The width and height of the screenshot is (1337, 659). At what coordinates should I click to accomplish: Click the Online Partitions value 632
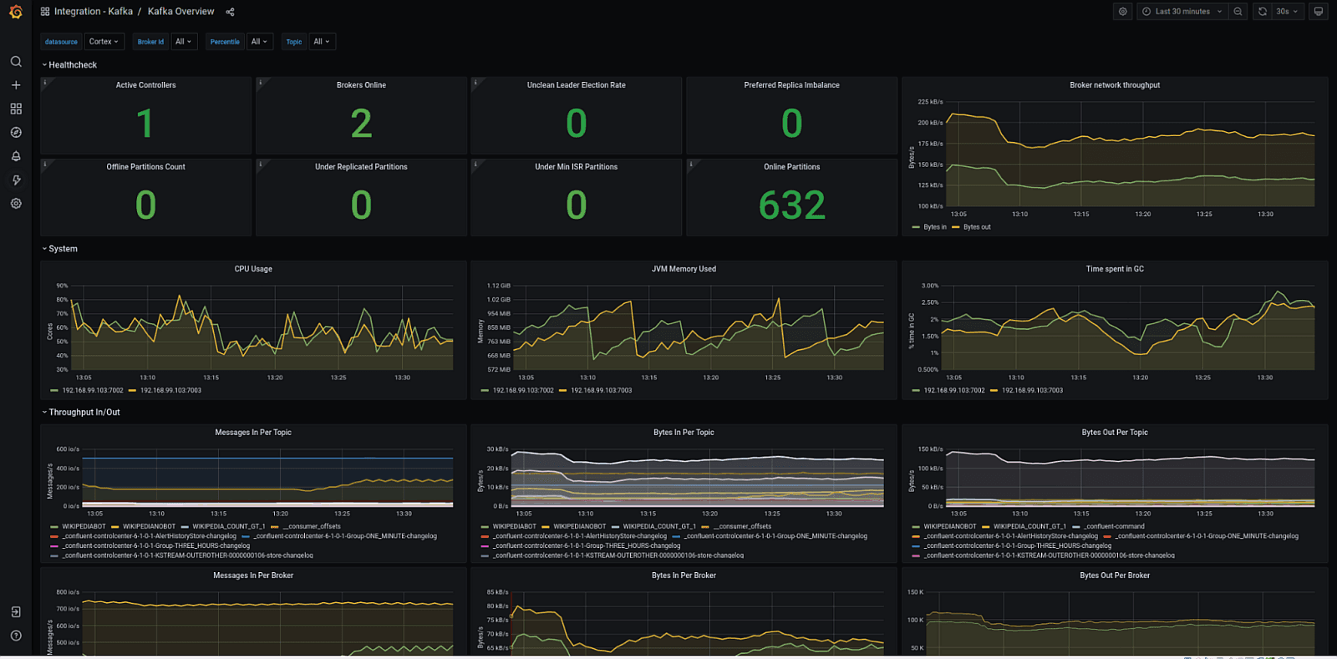[791, 205]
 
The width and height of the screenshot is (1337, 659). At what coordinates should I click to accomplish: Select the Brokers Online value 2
[361, 124]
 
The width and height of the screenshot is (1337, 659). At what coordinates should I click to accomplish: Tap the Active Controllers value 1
[145, 124]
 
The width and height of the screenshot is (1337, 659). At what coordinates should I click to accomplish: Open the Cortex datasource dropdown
[104, 42]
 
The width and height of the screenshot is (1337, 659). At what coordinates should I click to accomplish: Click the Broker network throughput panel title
[1114, 85]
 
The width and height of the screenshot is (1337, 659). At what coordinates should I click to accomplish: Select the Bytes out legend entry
[976, 227]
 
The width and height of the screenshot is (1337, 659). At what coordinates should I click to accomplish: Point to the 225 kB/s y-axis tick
[930, 102]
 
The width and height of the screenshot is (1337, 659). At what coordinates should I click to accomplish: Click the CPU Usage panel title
[253, 269]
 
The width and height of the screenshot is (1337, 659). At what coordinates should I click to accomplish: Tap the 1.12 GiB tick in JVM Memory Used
[498, 286]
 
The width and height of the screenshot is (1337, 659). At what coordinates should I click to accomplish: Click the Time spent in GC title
[1114, 269]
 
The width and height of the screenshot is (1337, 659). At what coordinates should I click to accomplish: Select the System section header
[63, 249]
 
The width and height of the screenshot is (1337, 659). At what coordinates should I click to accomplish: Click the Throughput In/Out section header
[84, 413]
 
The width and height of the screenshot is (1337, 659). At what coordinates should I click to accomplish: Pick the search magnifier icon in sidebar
[16, 62]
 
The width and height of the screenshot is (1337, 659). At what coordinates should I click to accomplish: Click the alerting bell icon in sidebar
[16, 156]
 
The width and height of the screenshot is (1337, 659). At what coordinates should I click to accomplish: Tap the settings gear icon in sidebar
[16, 204]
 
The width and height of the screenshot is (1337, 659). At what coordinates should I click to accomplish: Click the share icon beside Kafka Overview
[230, 12]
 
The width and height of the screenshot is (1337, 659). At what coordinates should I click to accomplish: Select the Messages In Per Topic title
[253, 433]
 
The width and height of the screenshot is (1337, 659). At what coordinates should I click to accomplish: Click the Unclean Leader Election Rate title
[576, 85]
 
